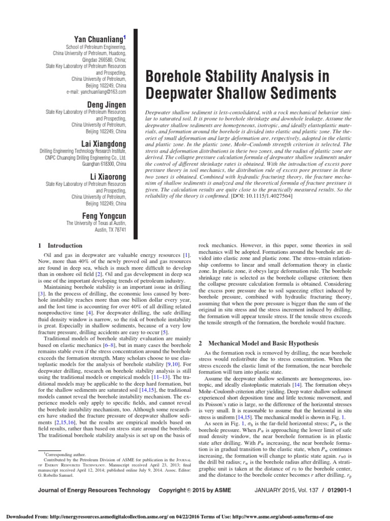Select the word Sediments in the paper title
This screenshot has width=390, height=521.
click(x=290, y=95)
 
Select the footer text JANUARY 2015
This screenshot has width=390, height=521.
click(x=288, y=490)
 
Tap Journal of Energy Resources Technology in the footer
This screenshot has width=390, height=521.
click(x=94, y=490)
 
